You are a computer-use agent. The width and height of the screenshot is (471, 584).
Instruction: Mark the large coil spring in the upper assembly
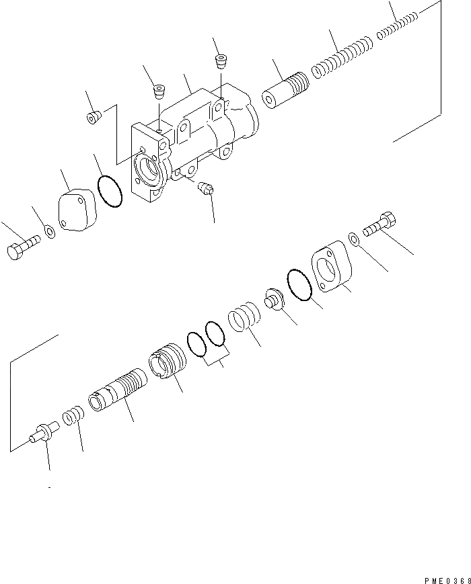point(341,62)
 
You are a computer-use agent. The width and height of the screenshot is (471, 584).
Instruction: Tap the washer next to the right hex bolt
point(354,237)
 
